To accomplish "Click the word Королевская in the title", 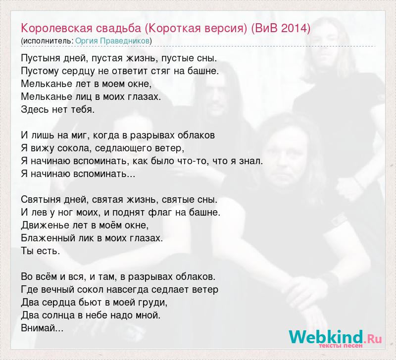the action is [x=56, y=28].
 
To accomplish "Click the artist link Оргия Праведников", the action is [x=112, y=41].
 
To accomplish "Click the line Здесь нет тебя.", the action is [x=58, y=109].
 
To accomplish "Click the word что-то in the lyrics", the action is [x=196, y=161].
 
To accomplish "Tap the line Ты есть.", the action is [x=41, y=251].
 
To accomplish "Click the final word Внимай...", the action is [x=42, y=328].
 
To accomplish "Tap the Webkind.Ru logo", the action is [x=336, y=337].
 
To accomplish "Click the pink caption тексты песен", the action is [x=341, y=346].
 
